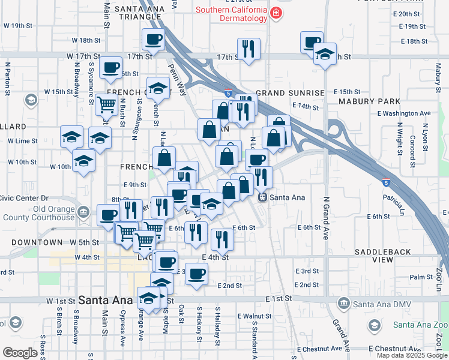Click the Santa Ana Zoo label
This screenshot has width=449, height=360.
pyautogui.click(x=420, y=325)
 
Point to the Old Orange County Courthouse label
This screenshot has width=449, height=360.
pyautogui.click(x=37, y=214)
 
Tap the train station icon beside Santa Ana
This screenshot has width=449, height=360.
pyautogui.click(x=262, y=197)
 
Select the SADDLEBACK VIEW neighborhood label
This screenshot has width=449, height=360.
pyautogui.click(x=383, y=256)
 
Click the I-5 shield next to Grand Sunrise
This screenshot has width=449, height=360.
pyautogui.click(x=229, y=93)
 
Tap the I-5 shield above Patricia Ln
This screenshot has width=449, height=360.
pyautogui.click(x=385, y=181)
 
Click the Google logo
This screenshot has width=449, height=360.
pyautogui.click(x=20, y=353)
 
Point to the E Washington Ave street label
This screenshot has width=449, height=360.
pyautogui.click(x=404, y=113)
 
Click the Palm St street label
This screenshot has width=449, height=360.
pyautogui.click(x=421, y=277)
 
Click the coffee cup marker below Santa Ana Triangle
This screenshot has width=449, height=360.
pyautogui.click(x=152, y=41)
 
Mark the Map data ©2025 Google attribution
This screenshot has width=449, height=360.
pyautogui.click(x=411, y=355)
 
